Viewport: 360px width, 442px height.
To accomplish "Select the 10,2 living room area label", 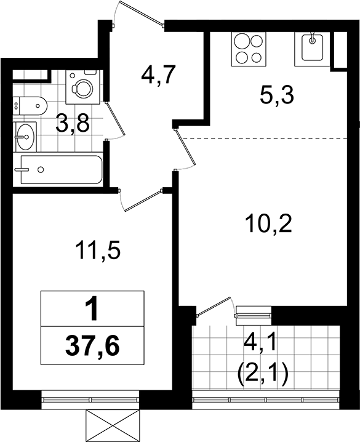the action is pos(268,223).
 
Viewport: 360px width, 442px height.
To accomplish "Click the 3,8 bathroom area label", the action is pos(73,124).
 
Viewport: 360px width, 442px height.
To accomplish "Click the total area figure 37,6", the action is pos(92,347).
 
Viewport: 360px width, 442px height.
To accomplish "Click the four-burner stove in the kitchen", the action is pos(249,49).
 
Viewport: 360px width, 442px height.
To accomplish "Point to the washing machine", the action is pos(83,87).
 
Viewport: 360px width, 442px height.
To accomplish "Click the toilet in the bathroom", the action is pos(30,106).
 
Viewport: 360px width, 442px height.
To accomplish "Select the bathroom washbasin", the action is pos(25,137).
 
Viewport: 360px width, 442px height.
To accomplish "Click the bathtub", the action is pos(60,170).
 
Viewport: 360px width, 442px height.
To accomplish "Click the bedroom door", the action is pos(142,200).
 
